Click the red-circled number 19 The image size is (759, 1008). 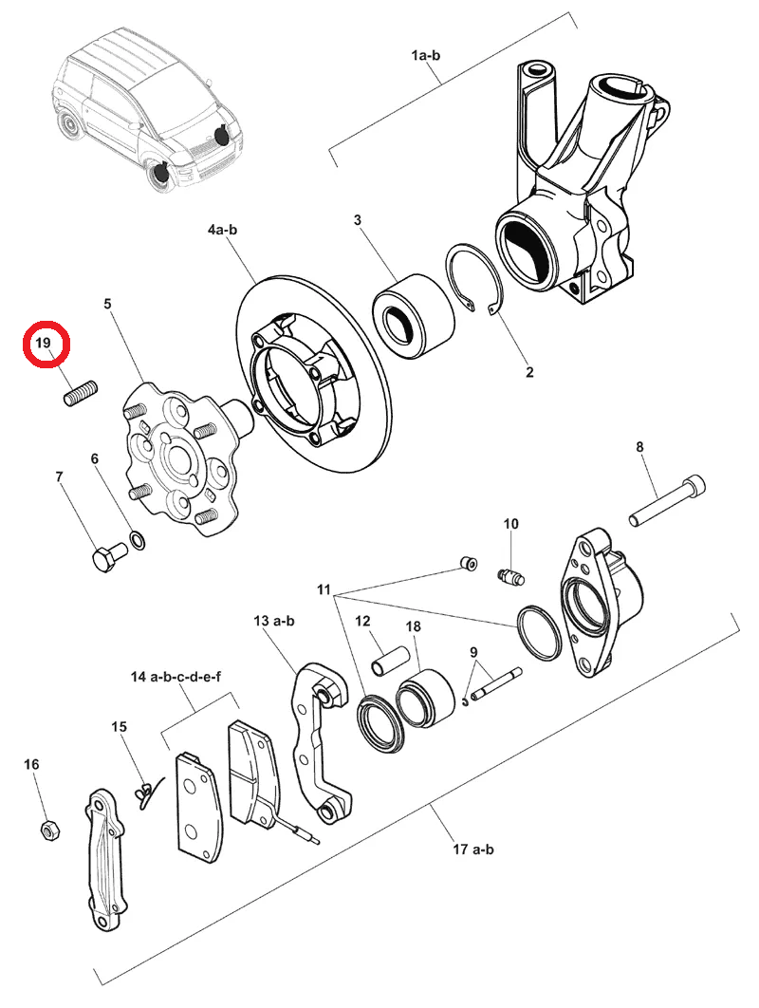(x=43, y=344)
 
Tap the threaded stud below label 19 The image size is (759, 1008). (x=81, y=393)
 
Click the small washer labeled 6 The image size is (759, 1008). (x=137, y=540)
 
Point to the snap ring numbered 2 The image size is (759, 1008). (x=474, y=277)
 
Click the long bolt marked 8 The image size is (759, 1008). (x=666, y=500)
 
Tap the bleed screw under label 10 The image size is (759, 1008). (x=511, y=576)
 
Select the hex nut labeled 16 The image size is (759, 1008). (x=48, y=831)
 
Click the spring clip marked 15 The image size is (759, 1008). (x=146, y=792)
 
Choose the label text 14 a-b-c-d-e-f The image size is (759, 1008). (x=176, y=677)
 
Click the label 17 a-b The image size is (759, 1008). (x=473, y=849)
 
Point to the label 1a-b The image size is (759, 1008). (x=425, y=55)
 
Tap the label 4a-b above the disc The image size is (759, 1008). (x=222, y=230)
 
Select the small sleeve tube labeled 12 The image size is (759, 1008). (x=389, y=663)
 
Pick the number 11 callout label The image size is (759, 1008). (x=324, y=589)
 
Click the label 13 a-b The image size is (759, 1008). (x=274, y=621)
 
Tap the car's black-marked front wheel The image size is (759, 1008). (x=160, y=174)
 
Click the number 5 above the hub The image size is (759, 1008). (x=107, y=304)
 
